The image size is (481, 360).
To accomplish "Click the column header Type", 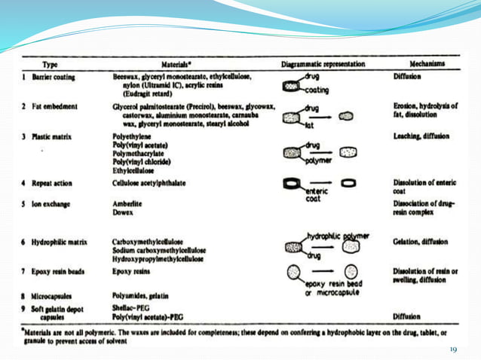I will (x=51, y=65).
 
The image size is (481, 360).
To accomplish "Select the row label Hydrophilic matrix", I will (x=59, y=242).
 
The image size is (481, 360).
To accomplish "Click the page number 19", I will (x=453, y=349).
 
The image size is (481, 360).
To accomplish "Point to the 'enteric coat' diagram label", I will (x=320, y=195).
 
